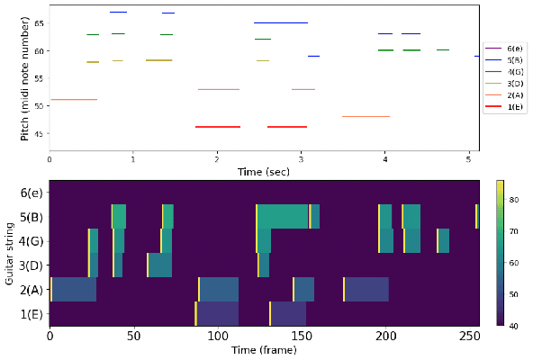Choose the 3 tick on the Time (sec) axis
point(301,160)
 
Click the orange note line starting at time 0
point(74,99)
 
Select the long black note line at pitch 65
point(281,22)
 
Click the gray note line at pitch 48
point(366,116)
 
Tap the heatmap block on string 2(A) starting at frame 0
point(74,289)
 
